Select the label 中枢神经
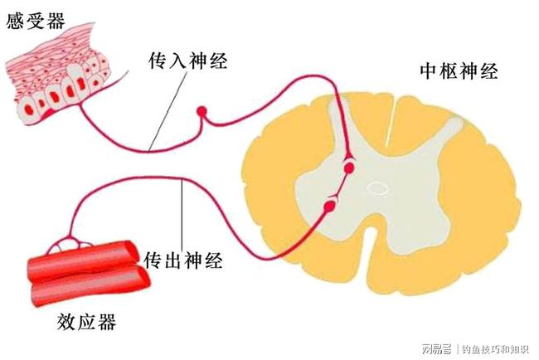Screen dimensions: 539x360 click(459, 71)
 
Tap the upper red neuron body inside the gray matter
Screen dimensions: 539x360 click(349, 168)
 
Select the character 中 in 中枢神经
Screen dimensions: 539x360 click(429, 71)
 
